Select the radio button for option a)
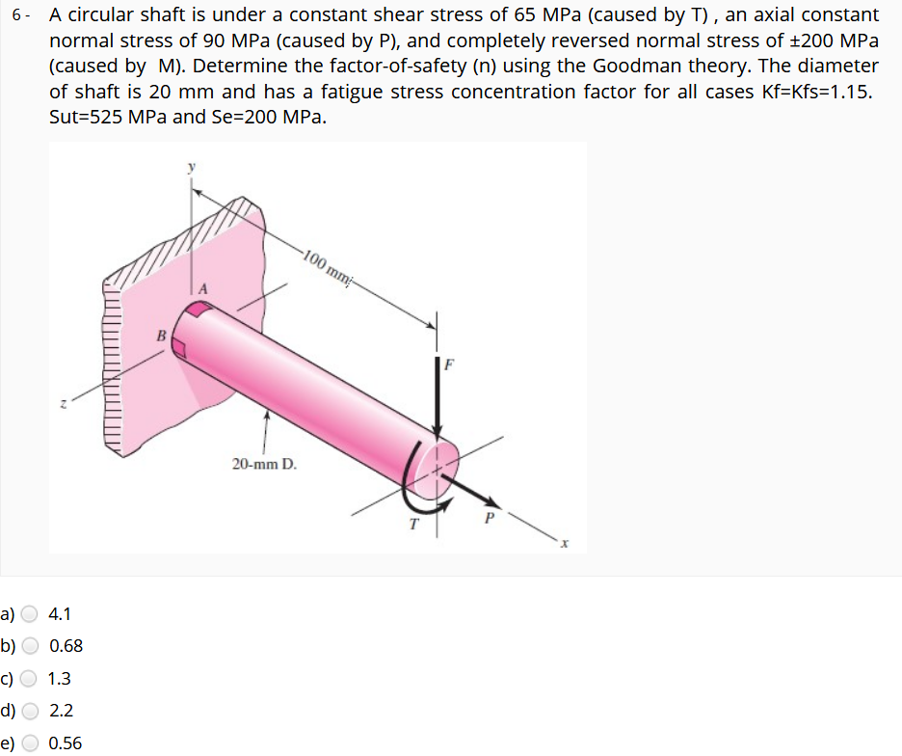point(31,614)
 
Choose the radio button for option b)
point(31,646)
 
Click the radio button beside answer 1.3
point(31,679)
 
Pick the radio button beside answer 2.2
point(31,712)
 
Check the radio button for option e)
point(31,743)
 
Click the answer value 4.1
point(60,614)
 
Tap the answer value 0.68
point(66,646)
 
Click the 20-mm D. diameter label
point(264,465)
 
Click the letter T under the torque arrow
point(413,526)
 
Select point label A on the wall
point(202,288)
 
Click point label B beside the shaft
point(162,335)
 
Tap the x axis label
point(567,545)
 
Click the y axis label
point(191,167)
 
